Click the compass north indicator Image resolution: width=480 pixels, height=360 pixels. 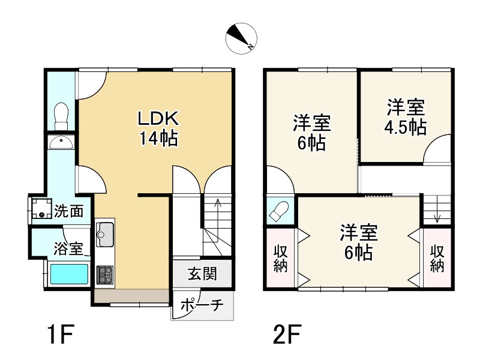(241, 39)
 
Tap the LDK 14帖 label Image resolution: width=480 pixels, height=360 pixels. (158, 128)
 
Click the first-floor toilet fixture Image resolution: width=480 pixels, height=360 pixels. (61, 116)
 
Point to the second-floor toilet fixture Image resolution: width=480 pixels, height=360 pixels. (278, 211)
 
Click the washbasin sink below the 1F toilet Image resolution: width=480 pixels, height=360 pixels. (61, 142)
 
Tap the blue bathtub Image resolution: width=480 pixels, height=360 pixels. (69, 275)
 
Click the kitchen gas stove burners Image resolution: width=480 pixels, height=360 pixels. (105, 275)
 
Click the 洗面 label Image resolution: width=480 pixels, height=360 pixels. (69, 211)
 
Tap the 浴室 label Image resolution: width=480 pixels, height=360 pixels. (68, 248)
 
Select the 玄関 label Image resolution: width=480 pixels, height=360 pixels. (202, 274)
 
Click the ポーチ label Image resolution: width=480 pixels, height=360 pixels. (202, 305)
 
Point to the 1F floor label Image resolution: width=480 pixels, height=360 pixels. (61, 335)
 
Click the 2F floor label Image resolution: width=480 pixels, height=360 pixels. (287, 335)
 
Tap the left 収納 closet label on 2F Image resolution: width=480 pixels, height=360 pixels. (280, 259)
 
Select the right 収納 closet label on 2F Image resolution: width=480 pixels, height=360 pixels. (437, 259)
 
